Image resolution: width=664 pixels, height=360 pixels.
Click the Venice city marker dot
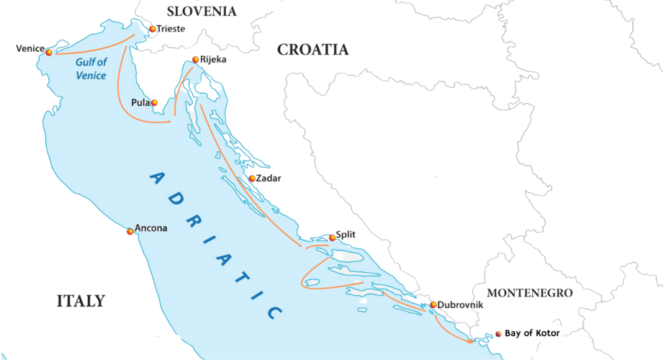click(48, 52)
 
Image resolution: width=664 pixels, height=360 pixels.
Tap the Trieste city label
click(171, 29)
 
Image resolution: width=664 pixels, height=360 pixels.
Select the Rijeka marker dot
click(196, 60)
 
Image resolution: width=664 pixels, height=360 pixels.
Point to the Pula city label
click(140, 103)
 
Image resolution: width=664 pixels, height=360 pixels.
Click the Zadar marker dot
click(251, 179)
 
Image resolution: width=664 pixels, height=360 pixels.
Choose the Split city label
click(346, 234)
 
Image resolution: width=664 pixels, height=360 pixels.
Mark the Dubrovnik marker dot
click(433, 305)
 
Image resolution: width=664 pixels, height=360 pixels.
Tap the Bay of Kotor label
click(531, 333)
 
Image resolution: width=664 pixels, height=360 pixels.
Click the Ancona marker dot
click(130, 231)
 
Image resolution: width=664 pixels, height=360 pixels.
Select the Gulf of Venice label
click(91, 69)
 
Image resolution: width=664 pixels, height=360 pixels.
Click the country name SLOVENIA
click(201, 11)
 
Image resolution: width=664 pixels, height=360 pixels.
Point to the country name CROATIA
click(313, 50)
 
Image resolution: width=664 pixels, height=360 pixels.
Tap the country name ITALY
click(81, 301)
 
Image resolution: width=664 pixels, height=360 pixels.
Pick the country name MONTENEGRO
click(529, 293)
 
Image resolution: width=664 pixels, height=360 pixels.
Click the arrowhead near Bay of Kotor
click(471, 340)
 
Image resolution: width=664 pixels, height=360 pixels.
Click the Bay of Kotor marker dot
click(498, 334)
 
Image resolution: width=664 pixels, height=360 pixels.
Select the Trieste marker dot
click(152, 30)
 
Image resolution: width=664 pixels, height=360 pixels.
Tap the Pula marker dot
click(154, 103)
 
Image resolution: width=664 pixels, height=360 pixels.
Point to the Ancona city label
click(151, 228)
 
